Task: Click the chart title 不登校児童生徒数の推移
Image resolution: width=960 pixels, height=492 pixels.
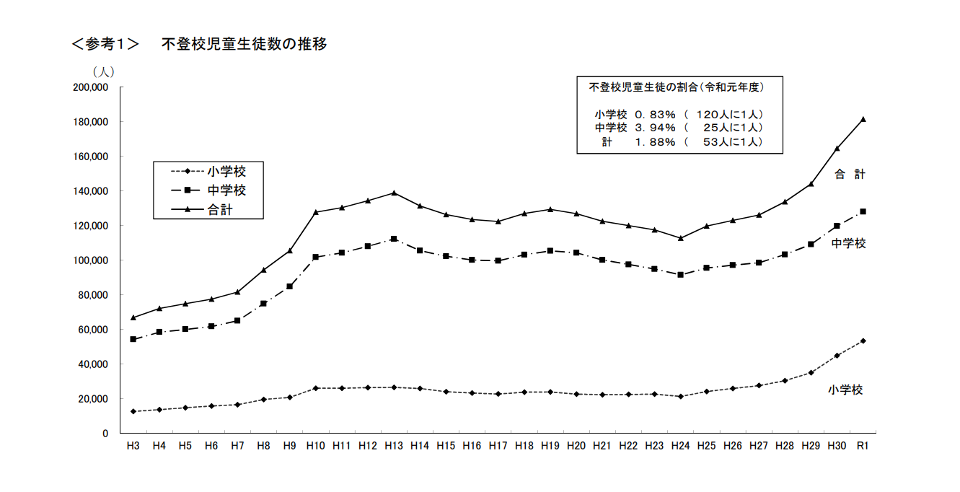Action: [x=244, y=44]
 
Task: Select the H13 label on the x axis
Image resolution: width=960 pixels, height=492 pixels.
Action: [x=393, y=446]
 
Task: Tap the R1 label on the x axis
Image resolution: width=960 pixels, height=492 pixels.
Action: [x=862, y=446]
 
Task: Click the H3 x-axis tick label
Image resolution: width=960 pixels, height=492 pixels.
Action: [x=133, y=446]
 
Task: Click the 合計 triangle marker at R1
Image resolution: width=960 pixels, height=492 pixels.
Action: [x=863, y=119]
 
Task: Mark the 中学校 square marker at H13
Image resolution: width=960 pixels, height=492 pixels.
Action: [x=394, y=239]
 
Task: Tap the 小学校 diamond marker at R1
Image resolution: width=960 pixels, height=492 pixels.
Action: [x=863, y=341]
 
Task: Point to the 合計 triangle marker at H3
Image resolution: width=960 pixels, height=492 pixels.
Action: [x=133, y=317]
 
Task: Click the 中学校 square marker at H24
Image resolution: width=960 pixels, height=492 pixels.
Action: [x=680, y=275]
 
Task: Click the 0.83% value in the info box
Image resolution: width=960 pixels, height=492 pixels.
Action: [x=655, y=115]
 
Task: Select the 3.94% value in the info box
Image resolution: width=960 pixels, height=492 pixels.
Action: [x=655, y=128]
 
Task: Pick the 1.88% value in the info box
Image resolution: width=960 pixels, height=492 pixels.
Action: [x=655, y=142]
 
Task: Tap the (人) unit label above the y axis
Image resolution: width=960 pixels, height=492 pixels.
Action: [x=102, y=71]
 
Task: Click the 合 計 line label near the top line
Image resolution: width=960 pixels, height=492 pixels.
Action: [x=850, y=174]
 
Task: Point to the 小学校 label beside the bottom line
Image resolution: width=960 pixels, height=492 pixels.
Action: [x=845, y=390]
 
